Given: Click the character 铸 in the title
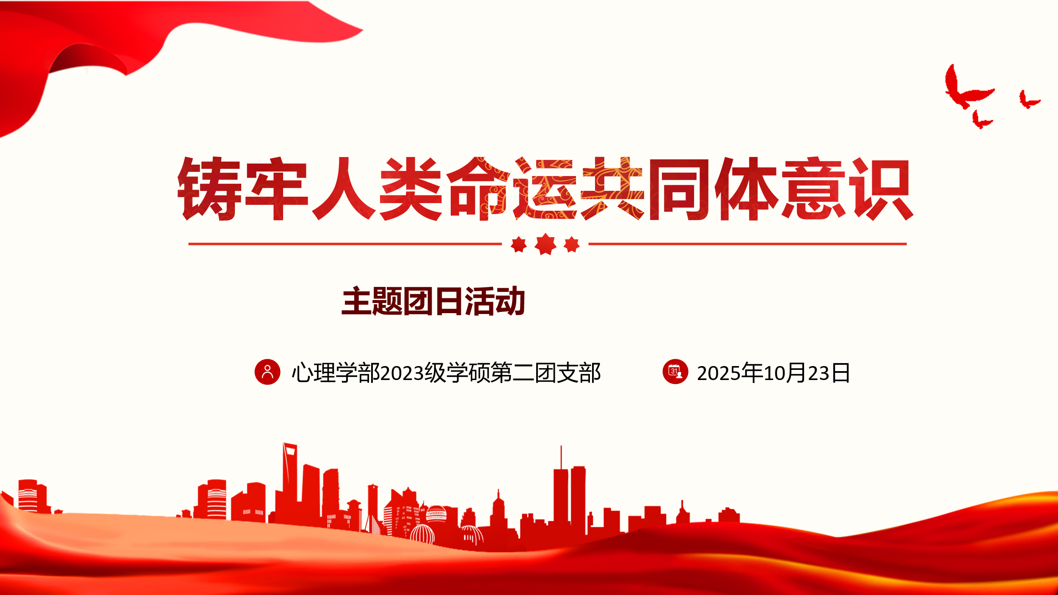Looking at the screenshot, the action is (x=209, y=189).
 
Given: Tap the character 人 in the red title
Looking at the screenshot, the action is (x=343, y=189).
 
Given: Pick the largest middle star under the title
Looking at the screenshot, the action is (x=546, y=244).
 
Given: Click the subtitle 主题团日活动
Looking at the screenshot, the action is (x=433, y=301).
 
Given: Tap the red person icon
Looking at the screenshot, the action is (x=267, y=372).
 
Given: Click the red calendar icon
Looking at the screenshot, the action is (x=675, y=372).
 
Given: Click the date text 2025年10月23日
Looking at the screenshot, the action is (x=773, y=373).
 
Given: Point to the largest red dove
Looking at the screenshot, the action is (x=968, y=88).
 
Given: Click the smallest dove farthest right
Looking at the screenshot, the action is (x=1029, y=100).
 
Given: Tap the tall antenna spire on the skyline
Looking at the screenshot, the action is (x=561, y=457).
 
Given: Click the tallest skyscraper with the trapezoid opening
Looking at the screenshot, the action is (x=290, y=478).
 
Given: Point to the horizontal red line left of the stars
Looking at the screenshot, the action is (x=345, y=244).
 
